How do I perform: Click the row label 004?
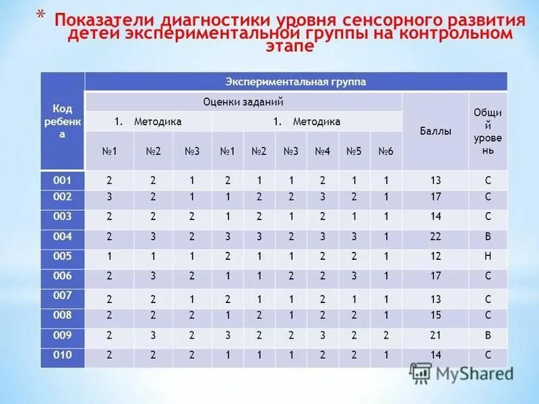62,236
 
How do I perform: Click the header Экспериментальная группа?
296,81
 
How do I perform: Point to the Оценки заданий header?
243,102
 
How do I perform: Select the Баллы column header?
436,131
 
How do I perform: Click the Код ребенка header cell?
62,121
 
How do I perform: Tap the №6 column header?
385,151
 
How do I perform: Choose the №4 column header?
322,151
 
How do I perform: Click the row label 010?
62,355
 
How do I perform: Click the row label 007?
62,296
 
